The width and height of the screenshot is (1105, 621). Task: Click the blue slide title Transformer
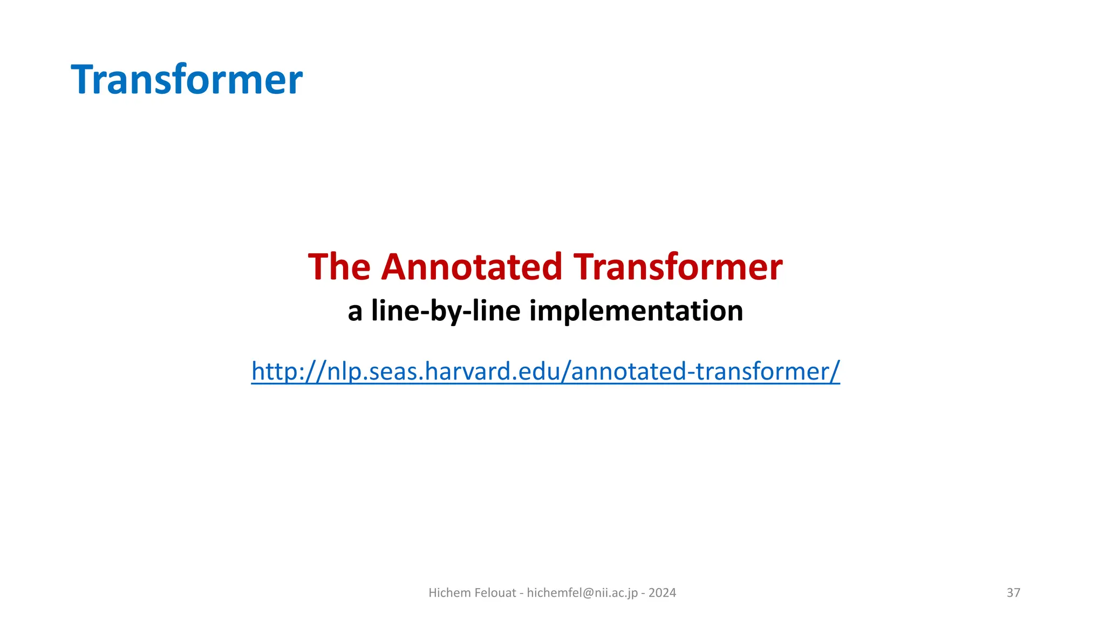pos(186,80)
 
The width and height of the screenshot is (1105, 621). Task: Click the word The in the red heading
pos(339,267)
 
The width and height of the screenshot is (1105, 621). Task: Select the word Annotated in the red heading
pos(472,267)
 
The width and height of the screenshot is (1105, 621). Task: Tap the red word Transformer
pos(678,267)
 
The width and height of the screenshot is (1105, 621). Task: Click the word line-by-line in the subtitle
pos(446,311)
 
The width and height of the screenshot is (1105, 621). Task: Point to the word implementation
pos(636,311)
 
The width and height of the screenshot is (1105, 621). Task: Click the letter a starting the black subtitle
pos(354,312)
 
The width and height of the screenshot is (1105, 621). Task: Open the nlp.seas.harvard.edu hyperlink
pos(545,371)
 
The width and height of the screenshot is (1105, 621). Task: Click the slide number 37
pos(1013,592)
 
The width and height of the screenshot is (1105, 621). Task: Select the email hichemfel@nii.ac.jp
pos(582,592)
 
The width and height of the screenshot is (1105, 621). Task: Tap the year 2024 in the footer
pos(662,592)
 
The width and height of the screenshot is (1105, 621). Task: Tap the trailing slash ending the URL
pos(836,371)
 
